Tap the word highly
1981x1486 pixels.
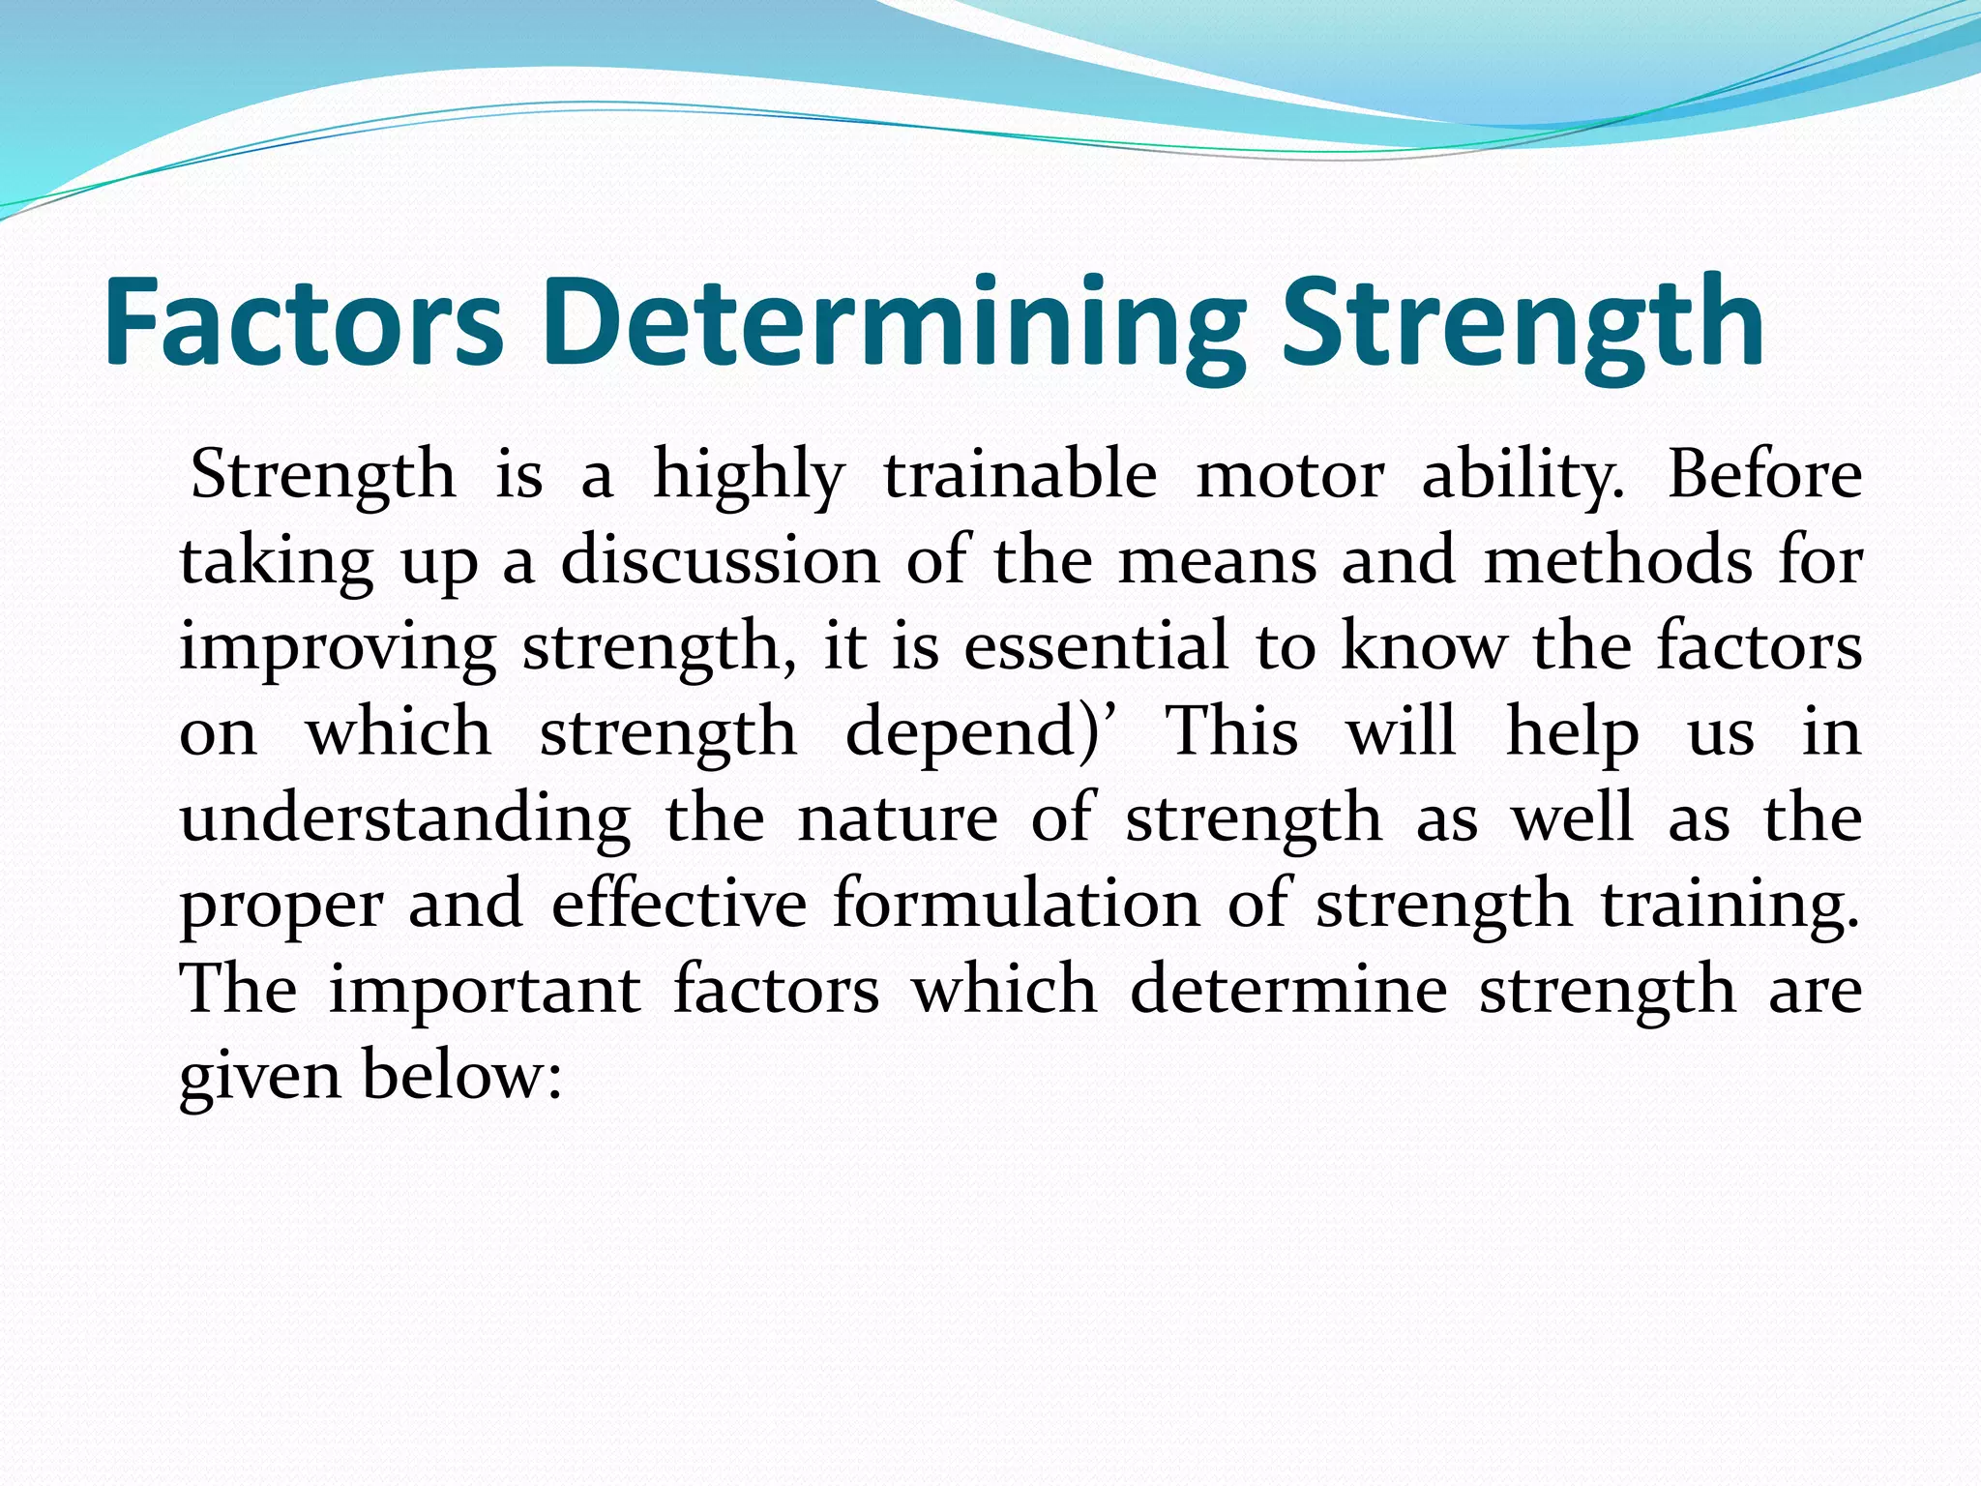tap(749, 477)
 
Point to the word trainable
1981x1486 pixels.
tap(1020, 475)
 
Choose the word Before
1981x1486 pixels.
tap(1764, 475)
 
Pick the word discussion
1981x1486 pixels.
tap(721, 560)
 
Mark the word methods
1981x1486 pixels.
tap(1616, 560)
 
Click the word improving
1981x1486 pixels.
tap(338, 647)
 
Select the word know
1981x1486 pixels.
tap(1423, 645)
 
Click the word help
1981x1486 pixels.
tap(1573, 732)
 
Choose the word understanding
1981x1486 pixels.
tap(405, 818)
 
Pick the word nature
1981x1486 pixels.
tap(898, 818)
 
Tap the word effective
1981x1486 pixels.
tap(679, 903)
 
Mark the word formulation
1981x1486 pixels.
tap(1017, 903)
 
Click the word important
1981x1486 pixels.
tap(485, 989)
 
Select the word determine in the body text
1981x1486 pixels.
tap(1288, 989)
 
